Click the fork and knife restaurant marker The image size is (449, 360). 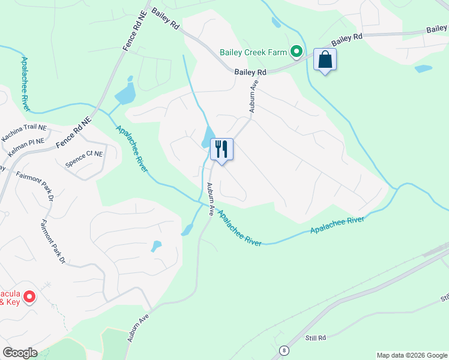[221, 149]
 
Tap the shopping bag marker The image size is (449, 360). [325, 60]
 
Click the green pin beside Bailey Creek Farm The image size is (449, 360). [296, 52]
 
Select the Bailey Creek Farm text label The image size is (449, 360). [253, 52]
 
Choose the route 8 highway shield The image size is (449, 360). [283, 350]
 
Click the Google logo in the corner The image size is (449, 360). [20, 352]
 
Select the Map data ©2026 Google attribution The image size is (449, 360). [411, 355]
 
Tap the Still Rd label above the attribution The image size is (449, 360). [314, 338]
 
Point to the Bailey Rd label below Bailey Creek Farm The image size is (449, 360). [250, 72]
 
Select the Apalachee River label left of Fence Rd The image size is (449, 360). [26, 84]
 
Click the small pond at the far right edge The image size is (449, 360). [423, 68]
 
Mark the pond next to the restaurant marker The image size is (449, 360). [208, 136]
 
